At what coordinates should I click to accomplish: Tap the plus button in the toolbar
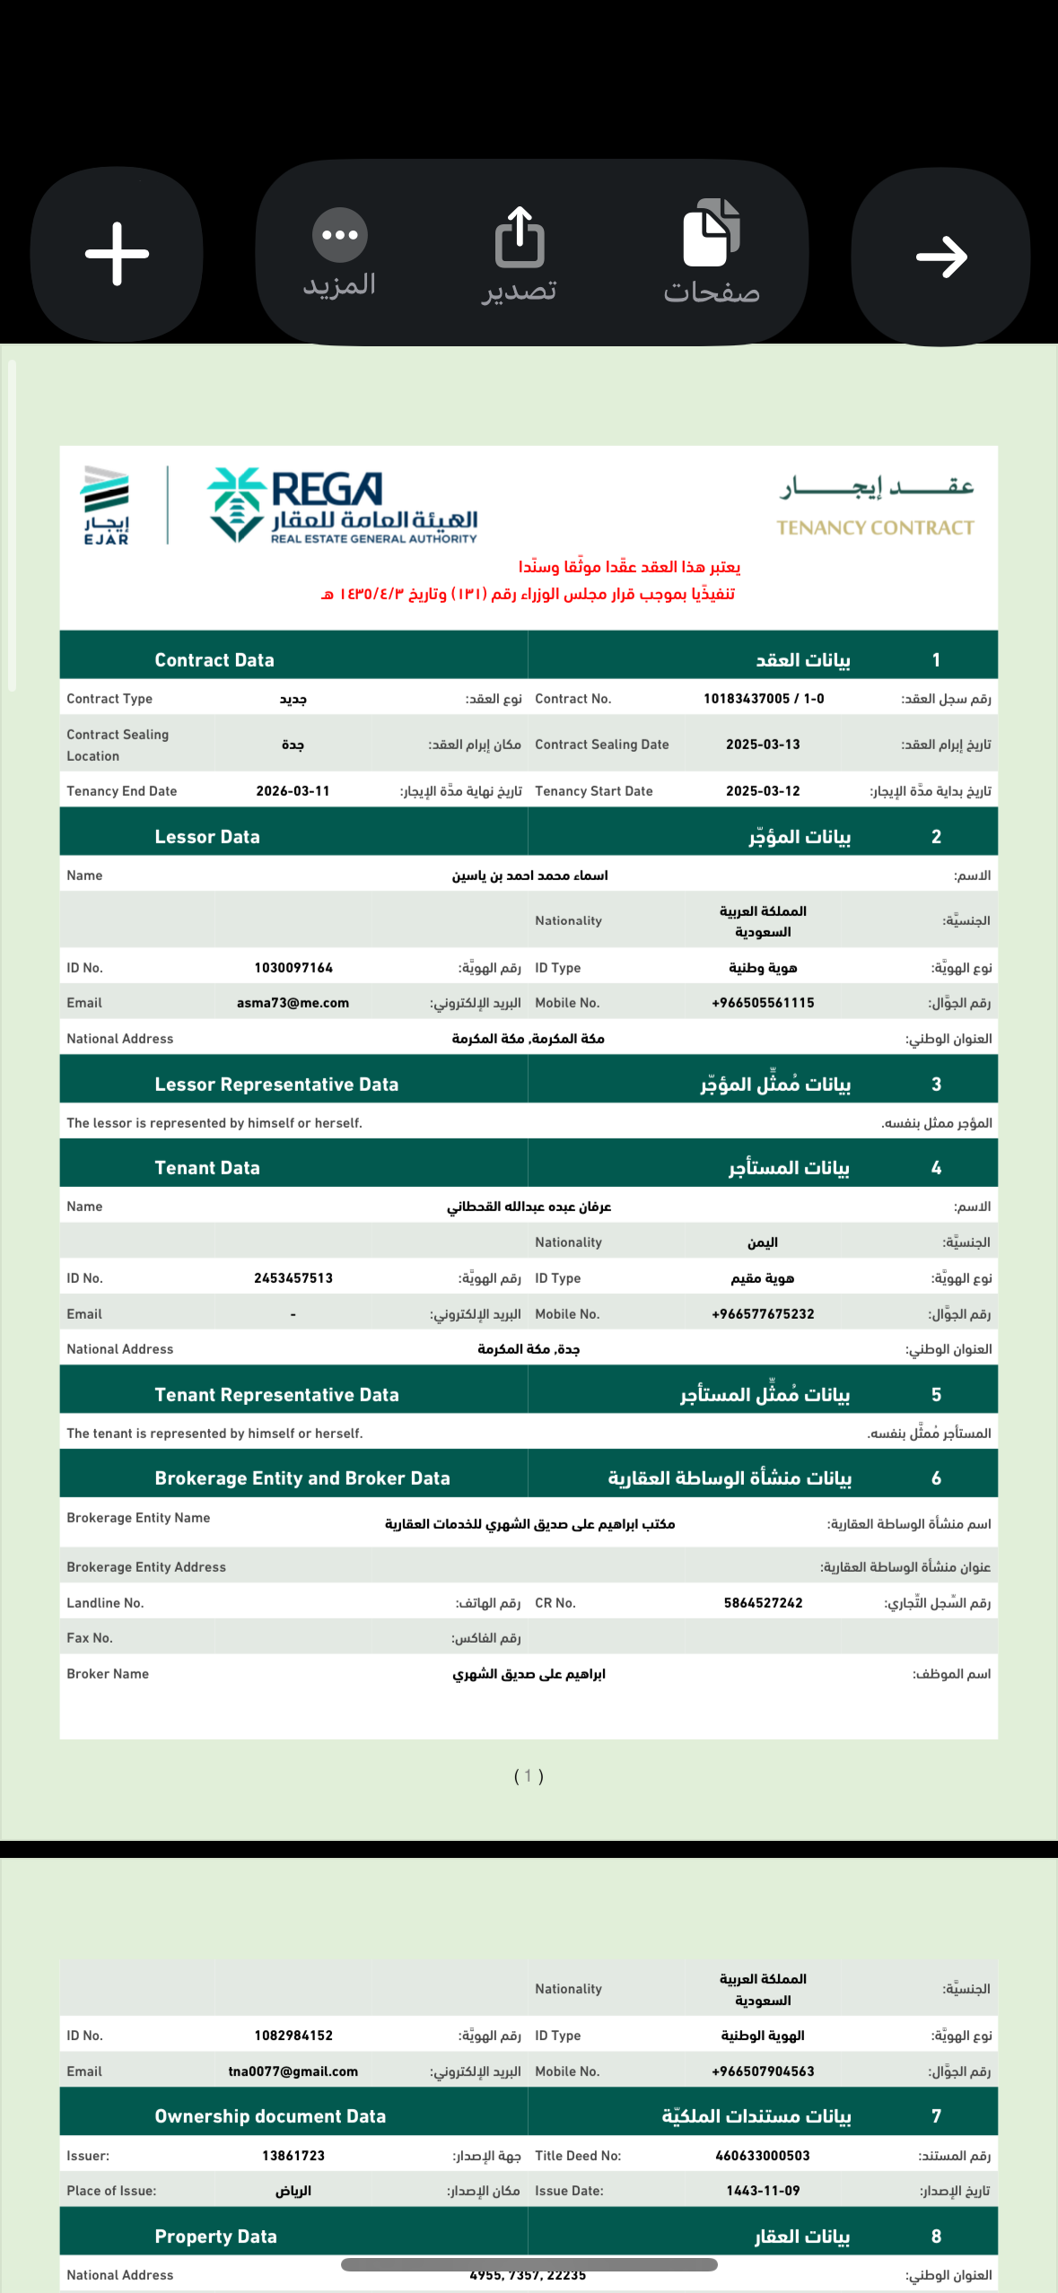[x=117, y=255]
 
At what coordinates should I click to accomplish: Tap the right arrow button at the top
[x=940, y=257]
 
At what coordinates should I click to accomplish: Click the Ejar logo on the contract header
[x=106, y=504]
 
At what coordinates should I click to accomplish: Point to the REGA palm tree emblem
[x=235, y=504]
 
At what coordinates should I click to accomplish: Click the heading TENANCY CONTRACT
[x=875, y=527]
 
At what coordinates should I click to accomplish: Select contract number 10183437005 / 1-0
[x=764, y=699]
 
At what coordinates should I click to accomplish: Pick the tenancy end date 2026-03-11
[x=293, y=791]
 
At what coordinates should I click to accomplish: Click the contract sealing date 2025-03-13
[x=763, y=745]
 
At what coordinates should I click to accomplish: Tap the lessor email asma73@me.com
[x=293, y=1003]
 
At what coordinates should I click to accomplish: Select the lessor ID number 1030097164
[x=293, y=968]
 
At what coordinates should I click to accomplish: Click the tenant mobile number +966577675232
[x=763, y=1314]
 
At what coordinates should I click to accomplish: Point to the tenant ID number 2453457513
[x=293, y=1278]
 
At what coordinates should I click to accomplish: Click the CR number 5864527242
[x=763, y=1603]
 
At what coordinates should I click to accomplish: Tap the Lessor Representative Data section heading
[x=276, y=1085]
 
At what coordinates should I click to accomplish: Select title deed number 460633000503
[x=763, y=2156]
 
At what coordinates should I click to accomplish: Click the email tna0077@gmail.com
[x=293, y=2071]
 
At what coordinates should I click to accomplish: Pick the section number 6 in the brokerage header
[x=936, y=1478]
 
